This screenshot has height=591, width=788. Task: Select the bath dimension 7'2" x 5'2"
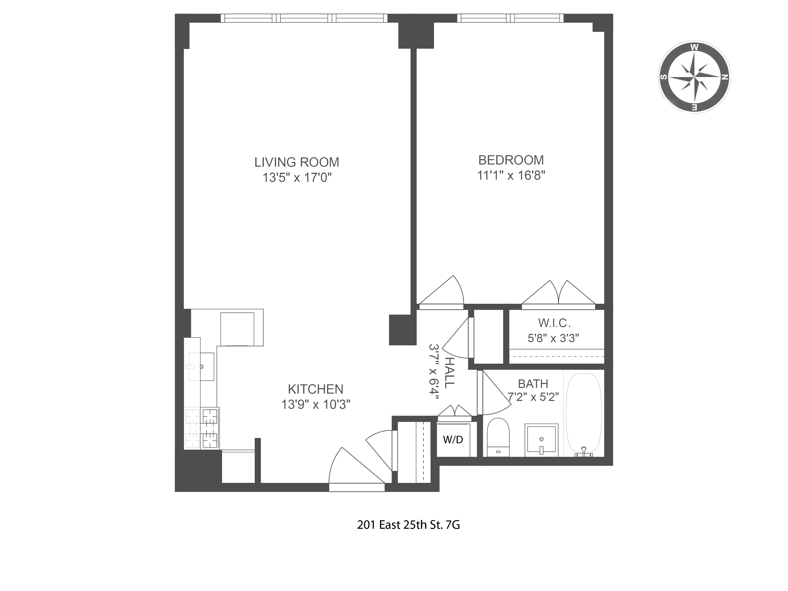point(533,397)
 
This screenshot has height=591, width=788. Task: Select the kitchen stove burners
point(202,428)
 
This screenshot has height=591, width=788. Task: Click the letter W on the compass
point(694,47)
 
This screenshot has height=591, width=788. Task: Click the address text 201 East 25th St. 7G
point(408,525)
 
